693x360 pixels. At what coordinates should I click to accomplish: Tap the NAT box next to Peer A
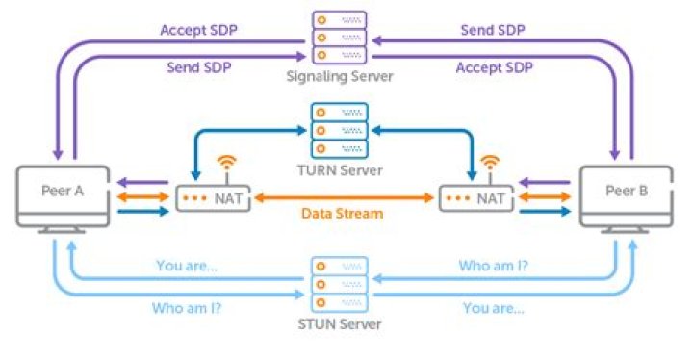pyautogui.click(x=209, y=198)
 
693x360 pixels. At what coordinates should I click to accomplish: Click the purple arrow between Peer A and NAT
pyautogui.click(x=138, y=181)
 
